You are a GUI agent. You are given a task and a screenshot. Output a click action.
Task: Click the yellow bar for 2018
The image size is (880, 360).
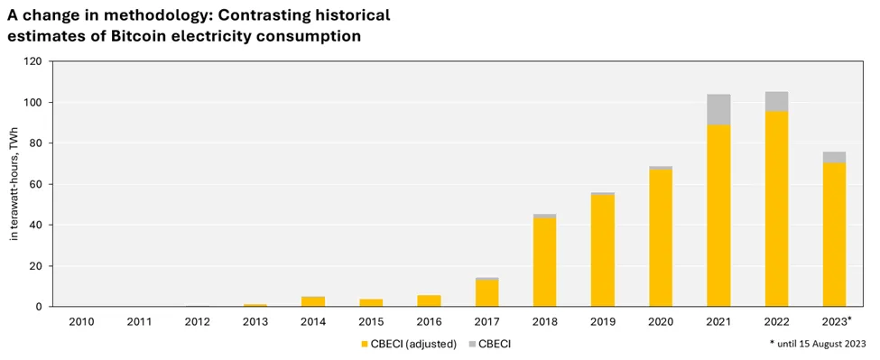coord(544,263)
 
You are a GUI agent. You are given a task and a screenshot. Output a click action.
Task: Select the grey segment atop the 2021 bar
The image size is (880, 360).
coord(718,109)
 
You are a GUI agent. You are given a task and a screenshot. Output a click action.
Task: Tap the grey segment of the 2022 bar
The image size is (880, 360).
coord(776,101)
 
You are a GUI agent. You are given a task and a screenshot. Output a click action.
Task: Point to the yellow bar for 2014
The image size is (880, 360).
coord(313,301)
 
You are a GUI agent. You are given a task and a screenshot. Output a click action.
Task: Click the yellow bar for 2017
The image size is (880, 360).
coord(486,293)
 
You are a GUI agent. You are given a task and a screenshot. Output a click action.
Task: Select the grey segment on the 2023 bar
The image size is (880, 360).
coord(834,157)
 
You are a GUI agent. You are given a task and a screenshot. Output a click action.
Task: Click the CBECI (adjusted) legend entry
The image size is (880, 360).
coord(408,344)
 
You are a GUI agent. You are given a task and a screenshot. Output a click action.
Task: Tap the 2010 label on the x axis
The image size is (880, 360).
coord(81,320)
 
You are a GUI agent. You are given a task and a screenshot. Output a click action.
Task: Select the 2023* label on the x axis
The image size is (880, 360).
coord(836,320)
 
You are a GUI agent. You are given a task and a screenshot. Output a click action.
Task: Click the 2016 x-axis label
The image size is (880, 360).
coord(429,320)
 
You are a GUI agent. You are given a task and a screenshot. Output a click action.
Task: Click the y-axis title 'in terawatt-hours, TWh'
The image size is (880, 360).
coord(14,184)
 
